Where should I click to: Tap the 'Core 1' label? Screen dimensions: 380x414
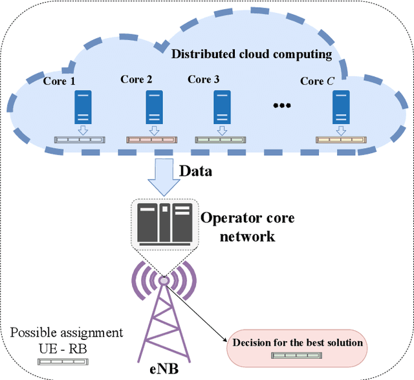[x=60, y=81]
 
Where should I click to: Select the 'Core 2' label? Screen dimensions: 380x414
[x=136, y=79]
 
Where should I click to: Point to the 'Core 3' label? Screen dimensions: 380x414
[x=204, y=79]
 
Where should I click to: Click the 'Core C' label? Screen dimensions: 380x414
[x=317, y=81]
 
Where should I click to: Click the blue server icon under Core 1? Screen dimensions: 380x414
[x=82, y=107]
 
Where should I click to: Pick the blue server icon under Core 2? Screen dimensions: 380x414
[x=153, y=107]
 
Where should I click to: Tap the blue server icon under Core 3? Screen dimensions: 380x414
[x=223, y=107]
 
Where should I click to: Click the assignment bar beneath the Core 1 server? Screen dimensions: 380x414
[x=78, y=140]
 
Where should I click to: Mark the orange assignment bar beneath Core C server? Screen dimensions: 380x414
[x=340, y=140]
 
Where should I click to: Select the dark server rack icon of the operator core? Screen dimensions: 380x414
[x=164, y=223]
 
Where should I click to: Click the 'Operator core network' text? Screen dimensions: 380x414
[x=247, y=227]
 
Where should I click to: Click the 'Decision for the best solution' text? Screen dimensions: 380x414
[x=298, y=342]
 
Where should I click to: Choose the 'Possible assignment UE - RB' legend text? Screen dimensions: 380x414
[x=67, y=339]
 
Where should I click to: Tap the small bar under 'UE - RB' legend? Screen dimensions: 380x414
[x=67, y=360]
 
